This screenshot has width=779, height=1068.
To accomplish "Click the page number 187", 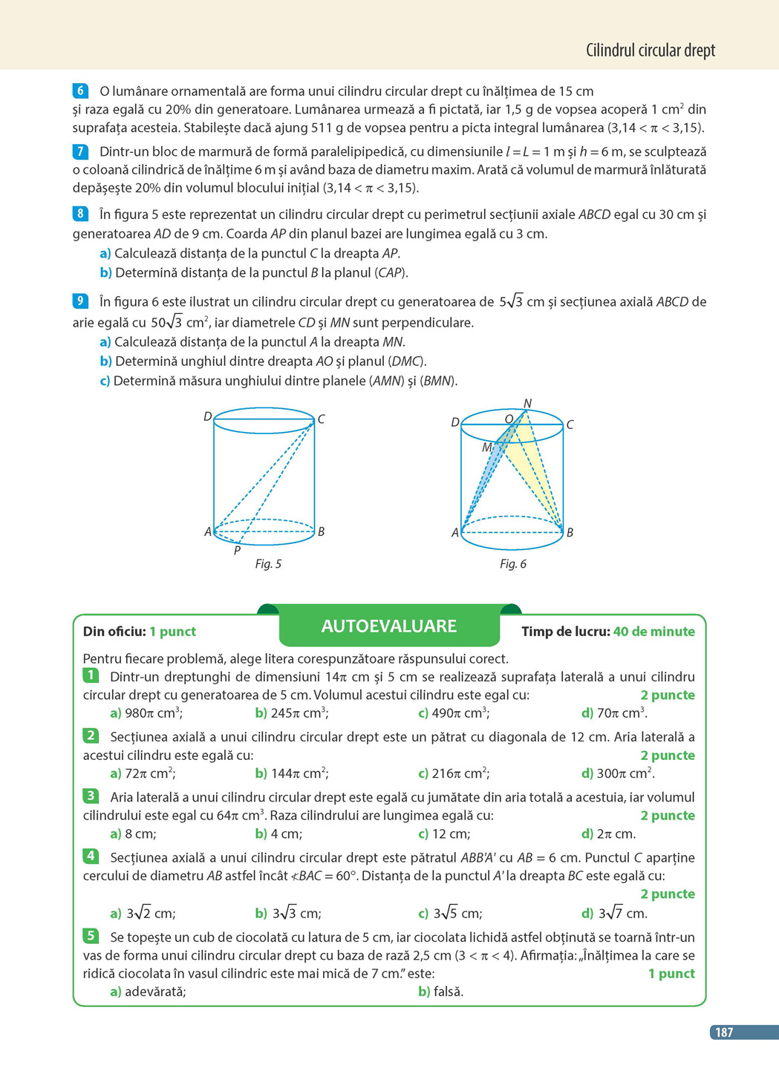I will (x=723, y=1032).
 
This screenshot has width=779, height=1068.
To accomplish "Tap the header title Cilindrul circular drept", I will (x=650, y=50).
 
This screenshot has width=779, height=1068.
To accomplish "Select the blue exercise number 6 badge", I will (x=81, y=91).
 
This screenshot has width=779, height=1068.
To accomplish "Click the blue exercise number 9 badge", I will (x=81, y=301).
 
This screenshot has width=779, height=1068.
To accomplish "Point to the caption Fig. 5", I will (x=268, y=564).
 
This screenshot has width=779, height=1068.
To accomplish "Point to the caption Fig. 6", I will (x=512, y=564).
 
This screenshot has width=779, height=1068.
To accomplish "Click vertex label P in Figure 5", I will (x=237, y=551).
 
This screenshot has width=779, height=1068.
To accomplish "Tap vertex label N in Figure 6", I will (x=527, y=404).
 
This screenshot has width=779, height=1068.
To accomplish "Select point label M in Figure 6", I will (x=486, y=448).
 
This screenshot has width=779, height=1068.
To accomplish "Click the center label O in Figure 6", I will (x=509, y=419).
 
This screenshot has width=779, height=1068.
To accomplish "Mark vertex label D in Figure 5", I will (x=208, y=417).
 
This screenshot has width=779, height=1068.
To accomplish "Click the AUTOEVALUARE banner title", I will (x=388, y=626).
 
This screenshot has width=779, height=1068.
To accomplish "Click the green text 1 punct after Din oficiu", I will (x=172, y=632).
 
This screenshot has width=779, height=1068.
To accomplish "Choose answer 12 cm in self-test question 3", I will (x=450, y=833).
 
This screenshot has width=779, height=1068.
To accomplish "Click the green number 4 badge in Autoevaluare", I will (x=91, y=856).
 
